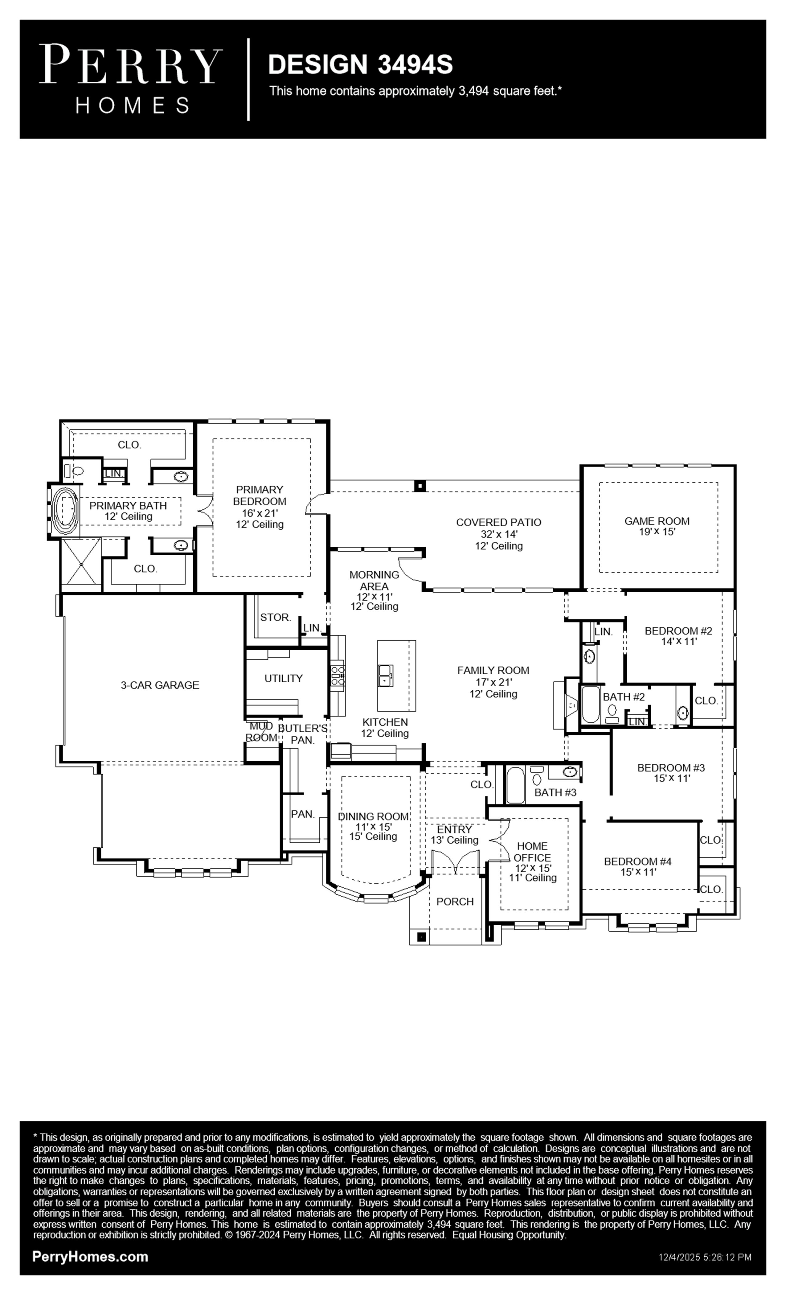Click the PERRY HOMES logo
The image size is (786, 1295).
pos(131,79)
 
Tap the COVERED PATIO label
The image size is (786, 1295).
pos(499,522)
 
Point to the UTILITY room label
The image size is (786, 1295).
pos(283,679)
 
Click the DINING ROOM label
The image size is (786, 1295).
pos(373,816)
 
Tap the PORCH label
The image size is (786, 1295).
pos(455,901)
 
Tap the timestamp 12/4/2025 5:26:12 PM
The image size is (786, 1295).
pos(705,1257)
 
